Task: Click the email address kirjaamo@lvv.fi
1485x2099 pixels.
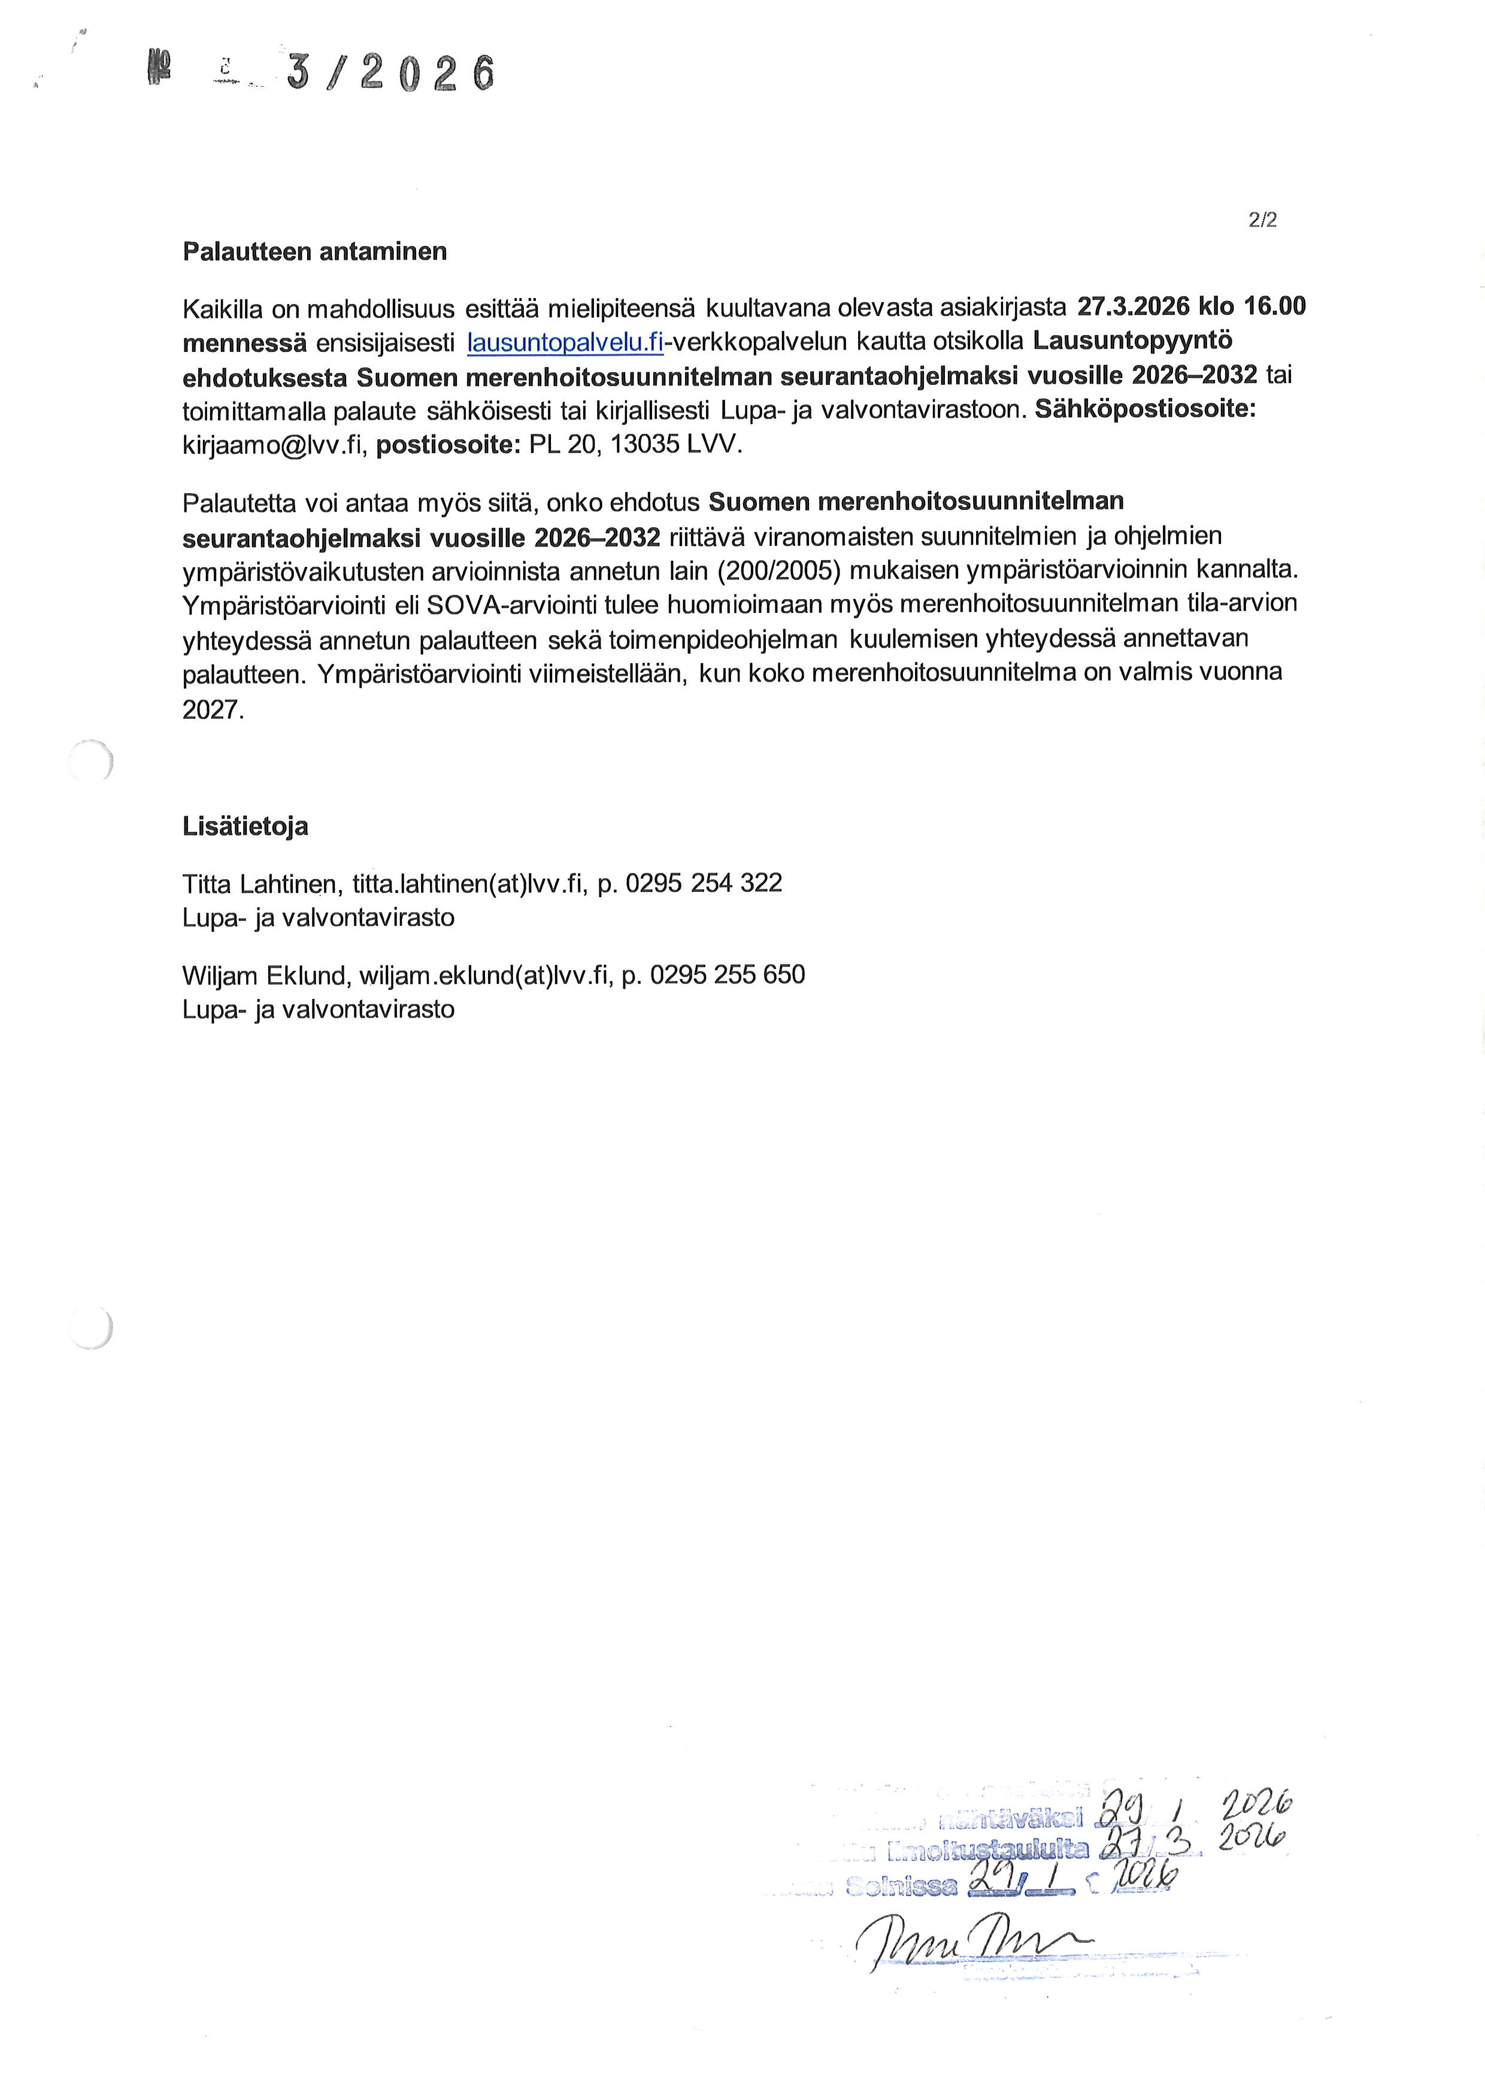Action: pyautogui.click(x=274, y=445)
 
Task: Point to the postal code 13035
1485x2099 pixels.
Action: pyautogui.click(x=645, y=445)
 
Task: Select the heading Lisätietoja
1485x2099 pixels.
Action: pyautogui.click(x=245, y=827)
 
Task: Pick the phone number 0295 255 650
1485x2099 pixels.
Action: pyautogui.click(x=727, y=976)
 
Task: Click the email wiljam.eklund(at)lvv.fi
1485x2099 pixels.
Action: pyautogui.click(x=484, y=976)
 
